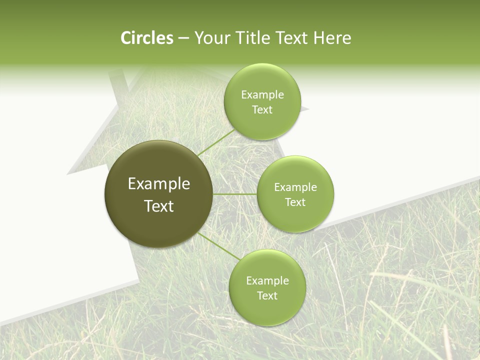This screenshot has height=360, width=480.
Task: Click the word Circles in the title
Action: [x=146, y=38]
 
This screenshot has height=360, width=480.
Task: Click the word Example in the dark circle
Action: [x=159, y=184]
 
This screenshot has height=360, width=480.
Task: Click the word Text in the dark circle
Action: [x=159, y=206]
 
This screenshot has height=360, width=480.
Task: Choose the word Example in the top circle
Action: [x=262, y=95]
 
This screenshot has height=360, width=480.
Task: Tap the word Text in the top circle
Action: [x=262, y=110]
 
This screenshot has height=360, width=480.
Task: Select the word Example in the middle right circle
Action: [x=295, y=187]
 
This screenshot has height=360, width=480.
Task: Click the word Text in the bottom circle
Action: [x=267, y=296]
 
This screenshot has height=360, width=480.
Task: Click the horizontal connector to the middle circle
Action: [x=235, y=194]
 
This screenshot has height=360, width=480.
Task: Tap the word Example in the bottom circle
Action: [x=267, y=281]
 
